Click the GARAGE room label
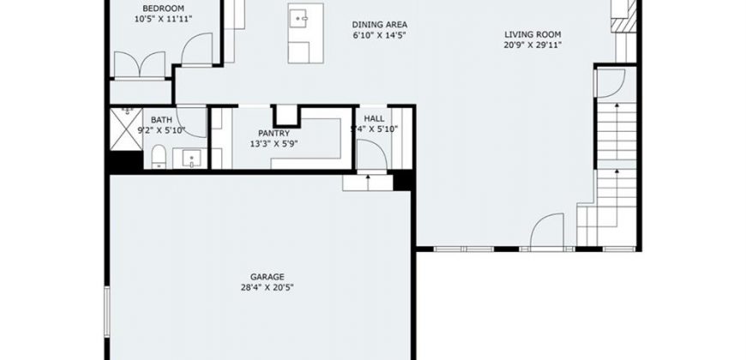coord(267,277)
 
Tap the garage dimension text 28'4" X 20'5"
coord(267,287)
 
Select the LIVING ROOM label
coord(532,34)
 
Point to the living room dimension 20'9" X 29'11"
coord(532,45)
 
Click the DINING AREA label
coord(380,25)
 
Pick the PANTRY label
coord(274,133)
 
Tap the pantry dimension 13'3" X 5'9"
coord(274,144)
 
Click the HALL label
coord(374,118)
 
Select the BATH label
coord(161,120)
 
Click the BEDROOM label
coord(163,8)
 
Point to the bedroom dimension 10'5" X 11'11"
coord(163,19)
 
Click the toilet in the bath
coord(159,158)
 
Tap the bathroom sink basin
coord(191,159)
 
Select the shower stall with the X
coord(126,129)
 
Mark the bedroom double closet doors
coord(140,63)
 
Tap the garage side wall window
coord(107,311)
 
